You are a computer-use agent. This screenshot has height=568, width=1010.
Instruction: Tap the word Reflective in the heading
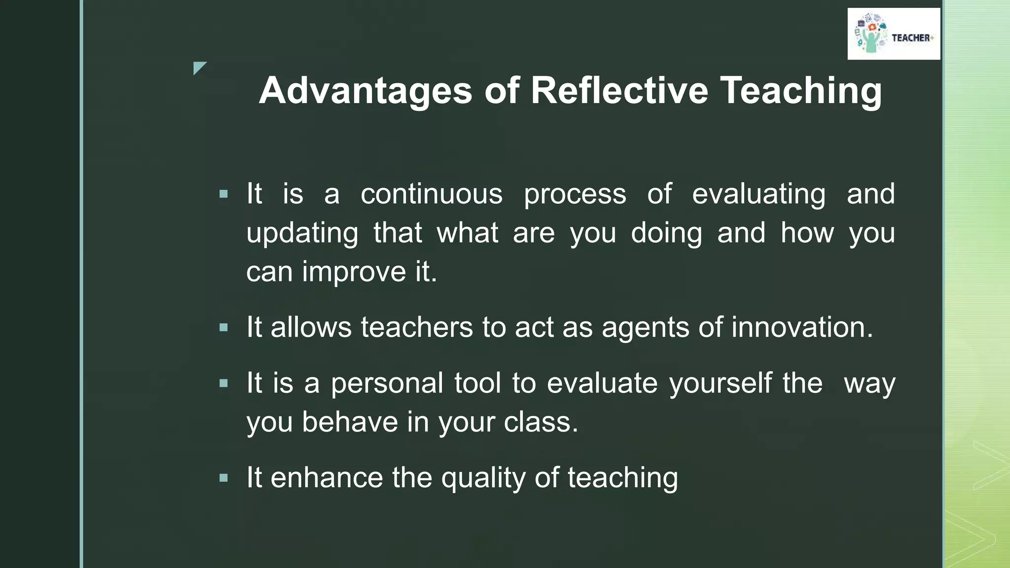(x=619, y=91)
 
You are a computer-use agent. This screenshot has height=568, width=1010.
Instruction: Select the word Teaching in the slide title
(x=801, y=91)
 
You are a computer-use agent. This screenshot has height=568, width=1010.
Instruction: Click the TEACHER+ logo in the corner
(x=894, y=34)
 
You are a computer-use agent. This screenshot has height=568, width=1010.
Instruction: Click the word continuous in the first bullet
(x=432, y=194)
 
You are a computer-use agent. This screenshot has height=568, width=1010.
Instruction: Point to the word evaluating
(x=758, y=194)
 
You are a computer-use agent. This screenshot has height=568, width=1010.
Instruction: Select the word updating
(x=302, y=233)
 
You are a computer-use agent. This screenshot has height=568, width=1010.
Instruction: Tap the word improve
(x=354, y=272)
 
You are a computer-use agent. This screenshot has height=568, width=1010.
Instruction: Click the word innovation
(x=802, y=327)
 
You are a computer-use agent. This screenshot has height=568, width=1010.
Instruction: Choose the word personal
(x=387, y=383)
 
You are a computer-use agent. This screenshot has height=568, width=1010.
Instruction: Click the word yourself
(x=721, y=383)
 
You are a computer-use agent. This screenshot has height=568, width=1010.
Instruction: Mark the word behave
(x=350, y=422)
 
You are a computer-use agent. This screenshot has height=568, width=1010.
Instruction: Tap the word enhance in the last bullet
(x=326, y=478)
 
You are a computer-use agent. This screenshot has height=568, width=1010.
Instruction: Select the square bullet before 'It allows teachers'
(x=224, y=327)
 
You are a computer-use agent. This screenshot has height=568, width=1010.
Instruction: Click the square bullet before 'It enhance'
(x=224, y=478)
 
